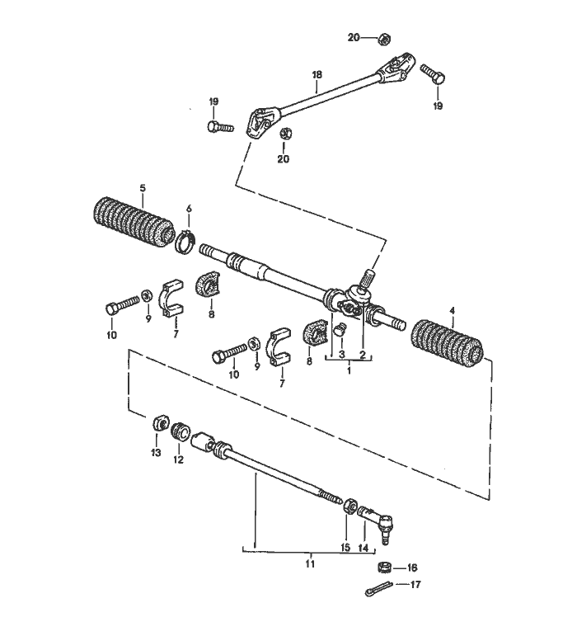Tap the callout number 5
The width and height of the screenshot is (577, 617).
(x=142, y=188)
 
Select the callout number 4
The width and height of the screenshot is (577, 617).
(x=452, y=310)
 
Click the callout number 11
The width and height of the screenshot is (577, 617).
(x=310, y=565)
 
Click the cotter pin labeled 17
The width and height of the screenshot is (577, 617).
(x=377, y=591)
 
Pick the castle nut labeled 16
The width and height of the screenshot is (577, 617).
(x=383, y=568)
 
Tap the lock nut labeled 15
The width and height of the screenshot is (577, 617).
(x=349, y=506)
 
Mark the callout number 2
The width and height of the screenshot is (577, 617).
(x=362, y=355)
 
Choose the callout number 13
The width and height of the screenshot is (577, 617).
(x=156, y=452)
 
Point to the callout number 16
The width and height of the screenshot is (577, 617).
(x=413, y=568)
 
